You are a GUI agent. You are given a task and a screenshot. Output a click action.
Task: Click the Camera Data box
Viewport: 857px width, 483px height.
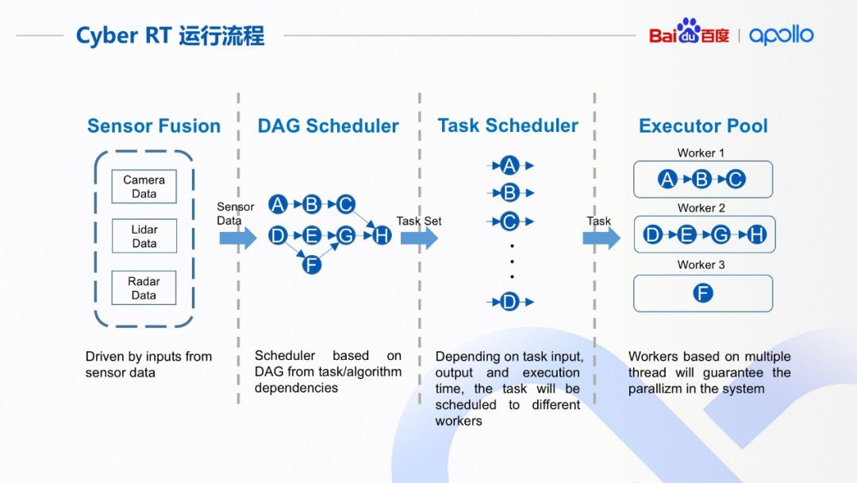[x=144, y=187]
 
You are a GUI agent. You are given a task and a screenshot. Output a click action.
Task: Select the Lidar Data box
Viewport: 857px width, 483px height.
[x=144, y=237]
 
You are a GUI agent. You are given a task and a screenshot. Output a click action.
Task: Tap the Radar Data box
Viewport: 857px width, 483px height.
[x=144, y=288]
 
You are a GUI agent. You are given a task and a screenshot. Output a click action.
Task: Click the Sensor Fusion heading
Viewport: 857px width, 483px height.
[x=154, y=126]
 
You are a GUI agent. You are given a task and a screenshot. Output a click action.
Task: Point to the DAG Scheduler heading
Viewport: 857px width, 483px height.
[x=328, y=126]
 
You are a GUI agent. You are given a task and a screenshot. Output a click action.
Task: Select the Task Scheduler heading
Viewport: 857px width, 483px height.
[x=508, y=126]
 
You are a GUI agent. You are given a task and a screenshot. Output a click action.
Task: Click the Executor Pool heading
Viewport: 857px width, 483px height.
[x=703, y=126]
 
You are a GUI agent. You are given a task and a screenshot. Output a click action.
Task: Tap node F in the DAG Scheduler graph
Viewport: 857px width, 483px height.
[x=312, y=265]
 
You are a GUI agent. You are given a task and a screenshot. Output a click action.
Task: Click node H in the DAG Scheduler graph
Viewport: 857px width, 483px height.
[x=382, y=235]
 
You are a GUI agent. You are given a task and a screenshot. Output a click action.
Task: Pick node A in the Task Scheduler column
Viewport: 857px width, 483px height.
[x=509, y=165]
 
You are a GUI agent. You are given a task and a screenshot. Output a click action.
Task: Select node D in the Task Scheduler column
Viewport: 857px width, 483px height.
[x=509, y=302]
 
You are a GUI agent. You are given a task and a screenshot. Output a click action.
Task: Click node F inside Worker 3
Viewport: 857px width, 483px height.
[x=703, y=293]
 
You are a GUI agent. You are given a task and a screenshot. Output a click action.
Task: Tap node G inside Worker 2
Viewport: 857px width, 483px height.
[x=721, y=234]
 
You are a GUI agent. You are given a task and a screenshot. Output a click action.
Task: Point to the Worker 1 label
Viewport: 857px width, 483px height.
[x=701, y=153]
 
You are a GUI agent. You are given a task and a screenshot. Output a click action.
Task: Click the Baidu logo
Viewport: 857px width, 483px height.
[x=688, y=34]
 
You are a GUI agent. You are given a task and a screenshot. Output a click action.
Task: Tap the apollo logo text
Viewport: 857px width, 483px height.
[x=782, y=35]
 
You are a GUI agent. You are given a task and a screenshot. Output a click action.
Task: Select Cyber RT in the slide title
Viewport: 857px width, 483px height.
[x=122, y=36]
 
